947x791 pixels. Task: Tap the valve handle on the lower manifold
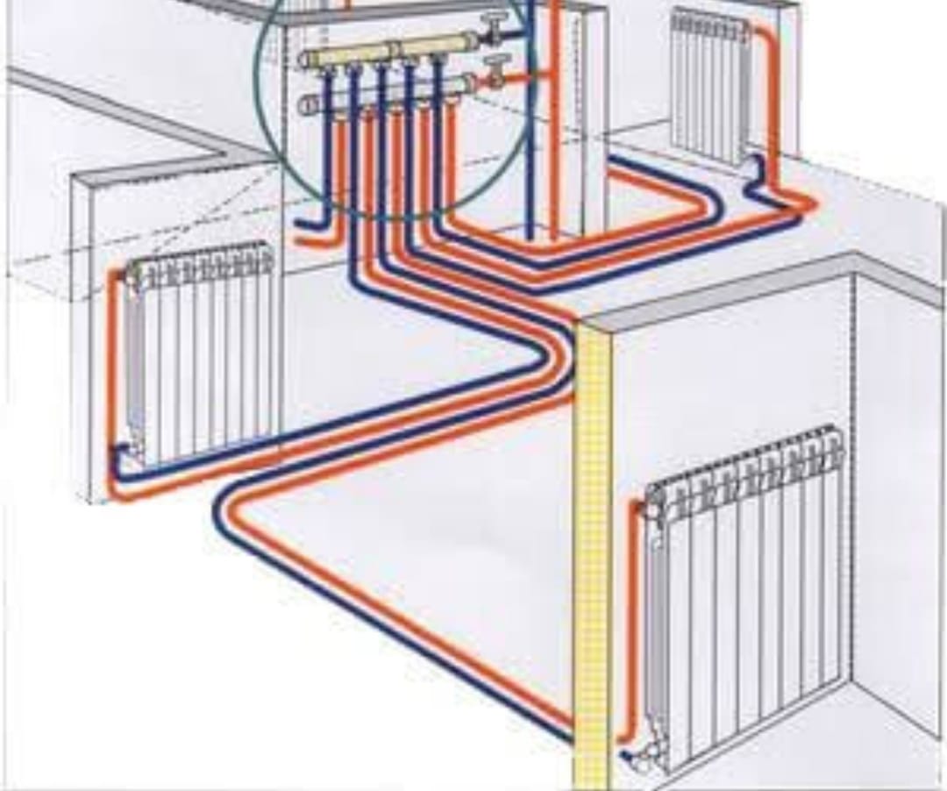click(x=501, y=63)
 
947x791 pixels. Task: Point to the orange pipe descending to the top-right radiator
click(x=772, y=105)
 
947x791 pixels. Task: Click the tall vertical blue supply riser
click(x=530, y=132)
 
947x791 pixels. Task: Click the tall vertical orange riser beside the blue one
click(x=554, y=132)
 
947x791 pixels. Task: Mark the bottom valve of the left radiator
click(x=123, y=453)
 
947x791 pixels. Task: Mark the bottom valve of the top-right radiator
click(x=751, y=167)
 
